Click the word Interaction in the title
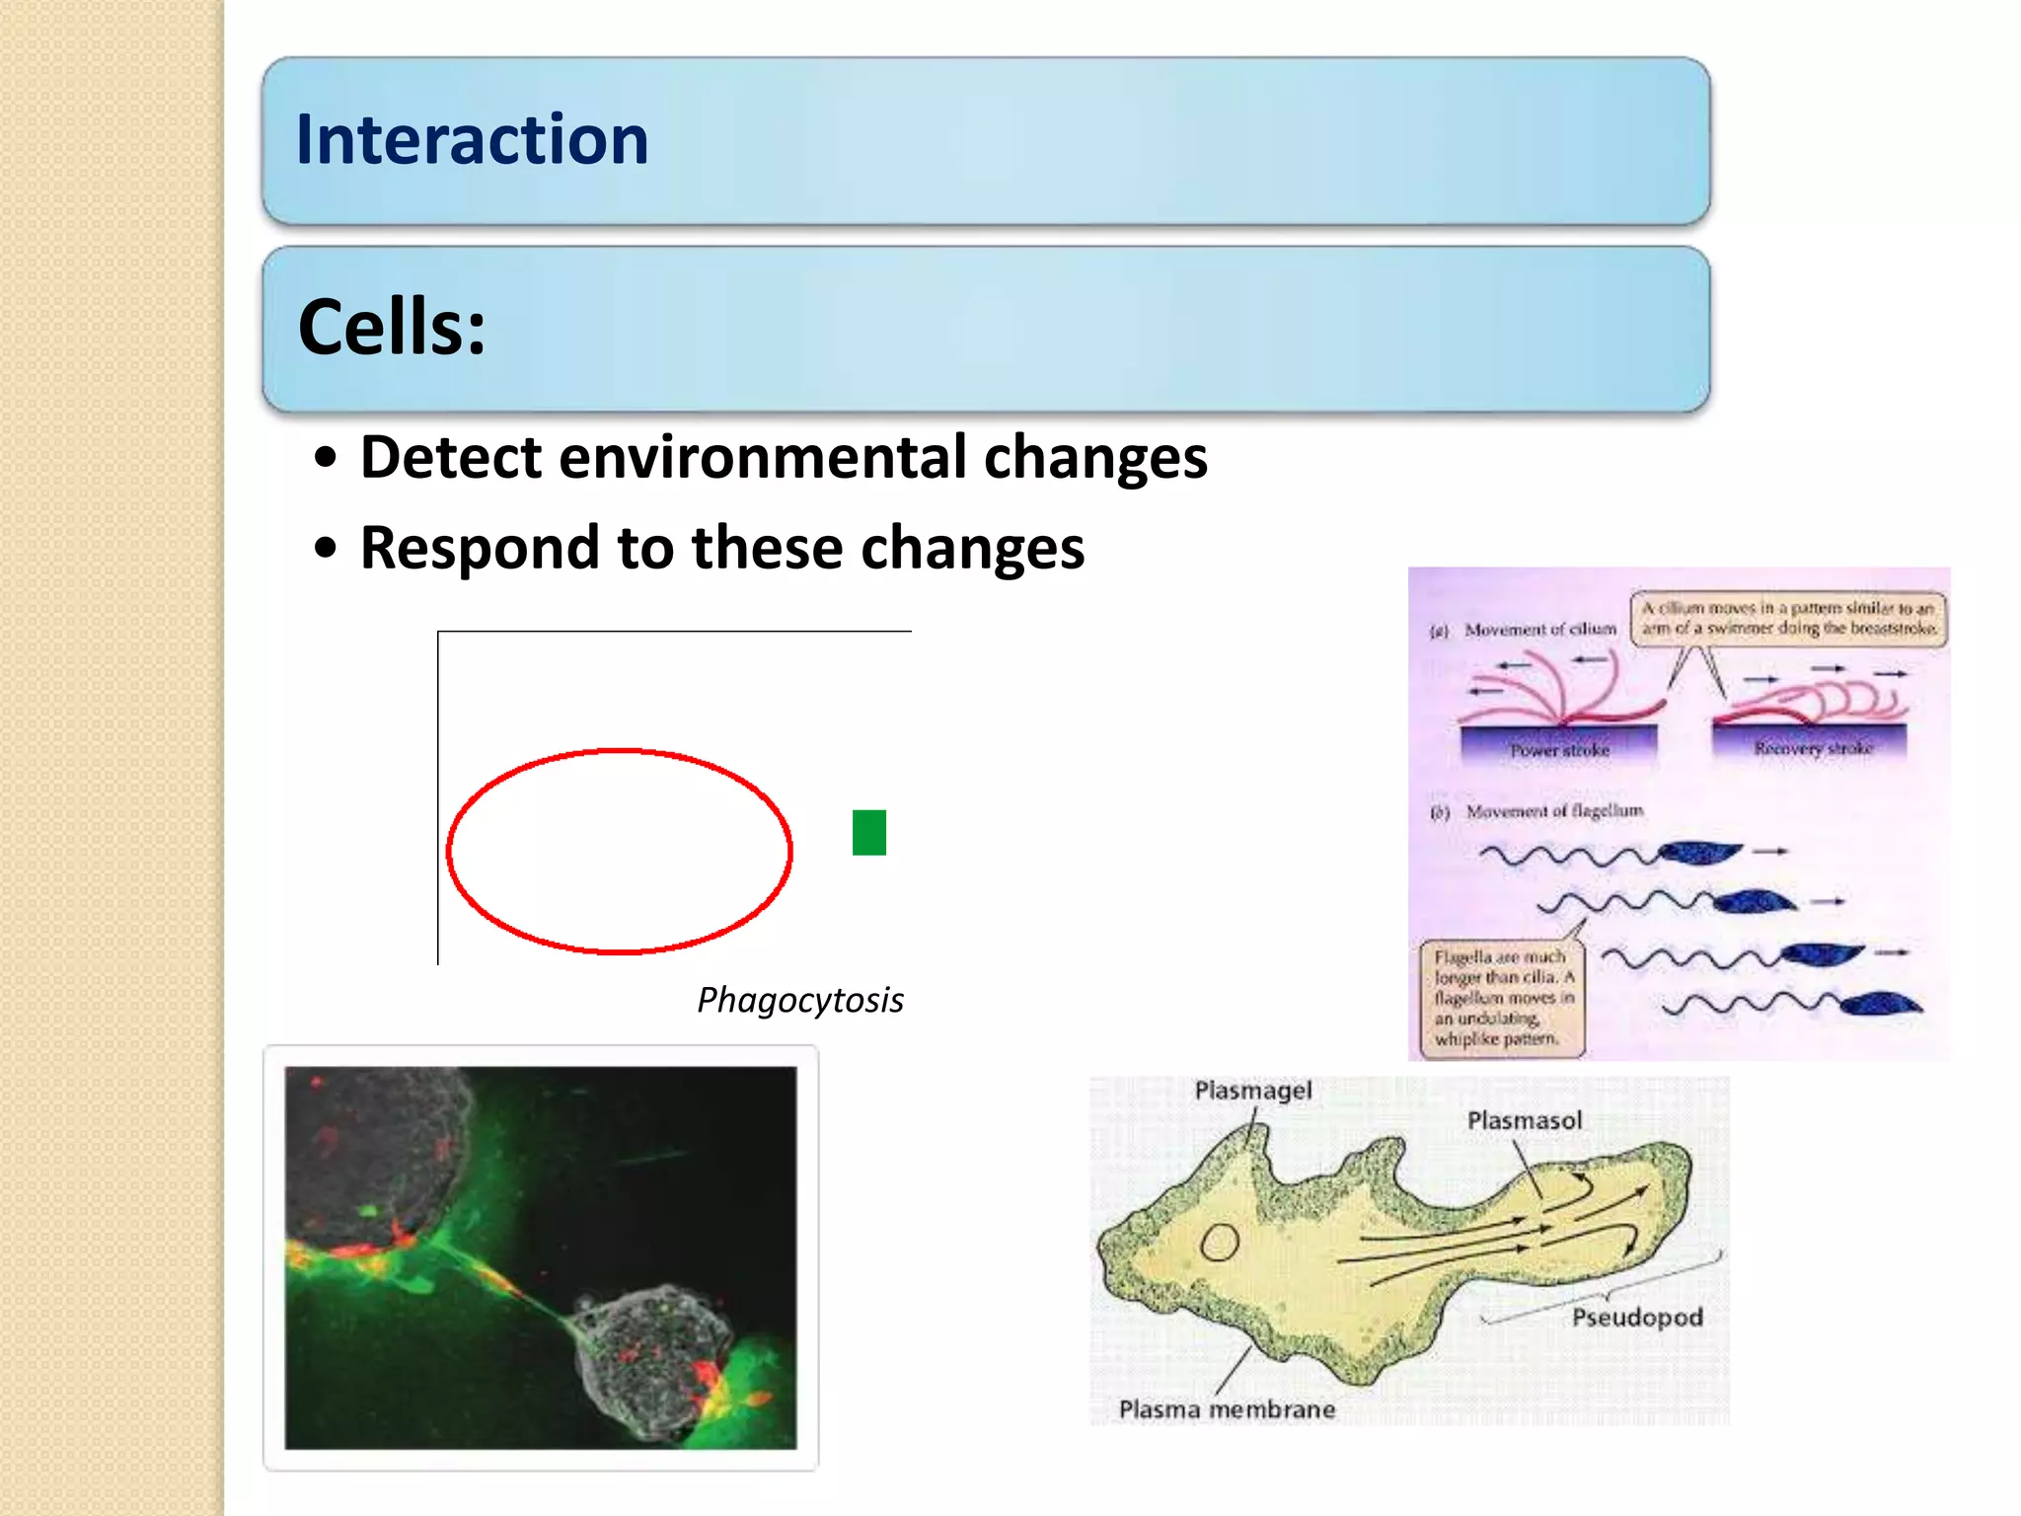472,139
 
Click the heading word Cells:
392,327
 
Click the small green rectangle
868,832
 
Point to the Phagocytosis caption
799,1000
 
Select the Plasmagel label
1252,1091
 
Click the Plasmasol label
1524,1120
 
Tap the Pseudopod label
1636,1318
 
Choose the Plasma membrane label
1226,1409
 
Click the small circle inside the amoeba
1220,1243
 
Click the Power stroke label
1559,750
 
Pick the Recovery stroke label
1813,748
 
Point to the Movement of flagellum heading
1554,811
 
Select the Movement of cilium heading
1539,629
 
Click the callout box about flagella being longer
1502,998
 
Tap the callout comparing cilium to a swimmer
1788,618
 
